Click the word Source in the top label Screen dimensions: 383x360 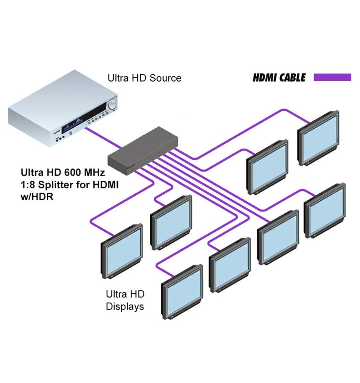pyautogui.click(x=163, y=78)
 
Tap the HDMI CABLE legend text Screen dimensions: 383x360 pyautogui.click(x=279, y=78)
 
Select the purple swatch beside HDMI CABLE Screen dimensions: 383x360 pyautogui.click(x=332, y=77)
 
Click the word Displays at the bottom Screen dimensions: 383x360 pyautogui.click(x=125, y=306)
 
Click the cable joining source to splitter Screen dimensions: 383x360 pyautogui.click(x=103, y=138)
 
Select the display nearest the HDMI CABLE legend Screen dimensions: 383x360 pyautogui.click(x=319, y=137)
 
